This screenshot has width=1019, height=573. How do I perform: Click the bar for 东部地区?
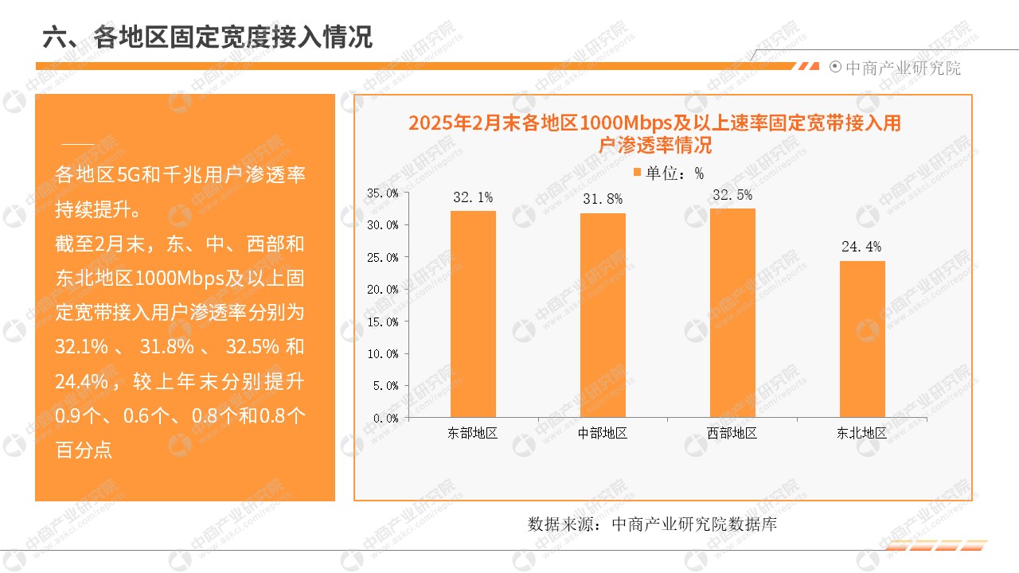pyautogui.click(x=473, y=314)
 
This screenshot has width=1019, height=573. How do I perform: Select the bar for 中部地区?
pyautogui.click(x=603, y=315)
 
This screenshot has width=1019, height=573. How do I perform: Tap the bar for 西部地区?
pyautogui.click(x=732, y=313)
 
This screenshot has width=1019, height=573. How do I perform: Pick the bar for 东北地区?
pyautogui.click(x=862, y=339)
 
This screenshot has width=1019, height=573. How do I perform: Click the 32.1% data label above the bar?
pyautogui.click(x=473, y=197)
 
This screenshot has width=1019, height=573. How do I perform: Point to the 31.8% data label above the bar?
pyautogui.click(x=603, y=199)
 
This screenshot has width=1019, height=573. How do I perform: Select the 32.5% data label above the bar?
pyautogui.click(x=732, y=195)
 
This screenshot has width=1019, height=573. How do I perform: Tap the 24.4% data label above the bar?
pyautogui.click(x=861, y=247)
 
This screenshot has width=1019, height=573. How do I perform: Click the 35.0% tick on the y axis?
pyautogui.click(x=382, y=193)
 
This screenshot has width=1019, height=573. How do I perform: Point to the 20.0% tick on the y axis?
pyautogui.click(x=382, y=289)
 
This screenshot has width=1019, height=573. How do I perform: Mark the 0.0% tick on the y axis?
pyautogui.click(x=385, y=418)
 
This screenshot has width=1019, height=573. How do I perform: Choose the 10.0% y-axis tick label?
pyautogui.click(x=382, y=353)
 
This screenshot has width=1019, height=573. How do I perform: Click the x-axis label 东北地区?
pyautogui.click(x=861, y=434)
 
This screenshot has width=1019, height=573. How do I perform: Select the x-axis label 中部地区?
pyautogui.click(x=603, y=434)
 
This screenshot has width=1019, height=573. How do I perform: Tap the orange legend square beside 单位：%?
pyautogui.click(x=637, y=172)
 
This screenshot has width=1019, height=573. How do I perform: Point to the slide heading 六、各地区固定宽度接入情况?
pyautogui.click(x=208, y=37)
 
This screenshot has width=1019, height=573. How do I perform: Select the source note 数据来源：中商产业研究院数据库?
pyautogui.click(x=653, y=524)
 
